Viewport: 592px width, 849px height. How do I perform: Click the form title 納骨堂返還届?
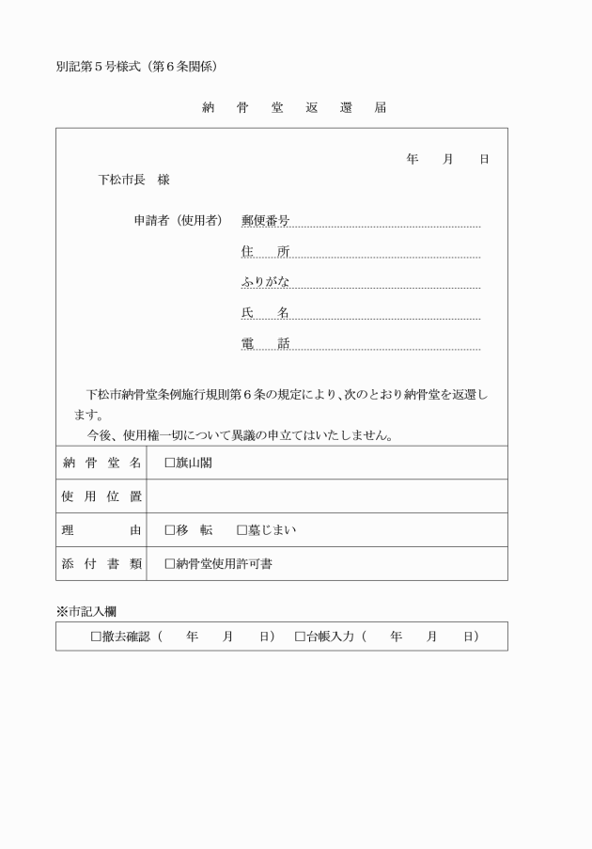294,107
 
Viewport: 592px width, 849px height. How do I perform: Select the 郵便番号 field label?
265,220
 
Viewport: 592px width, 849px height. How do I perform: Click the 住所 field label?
265,251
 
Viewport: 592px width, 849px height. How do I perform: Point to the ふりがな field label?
265,282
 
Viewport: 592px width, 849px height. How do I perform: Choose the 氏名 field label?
265,313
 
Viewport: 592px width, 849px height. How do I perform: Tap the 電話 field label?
265,344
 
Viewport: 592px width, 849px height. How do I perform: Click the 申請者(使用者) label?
179,220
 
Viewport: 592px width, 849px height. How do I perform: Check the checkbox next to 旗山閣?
170,463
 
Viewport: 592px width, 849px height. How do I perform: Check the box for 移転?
170,530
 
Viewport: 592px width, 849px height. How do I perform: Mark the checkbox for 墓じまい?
242,530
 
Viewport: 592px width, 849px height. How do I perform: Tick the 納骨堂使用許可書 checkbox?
170,564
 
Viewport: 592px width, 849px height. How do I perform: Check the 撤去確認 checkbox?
96,637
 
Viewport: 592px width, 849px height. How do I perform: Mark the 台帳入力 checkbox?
300,637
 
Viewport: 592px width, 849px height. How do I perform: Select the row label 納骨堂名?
101,463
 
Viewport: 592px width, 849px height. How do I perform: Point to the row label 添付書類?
101,564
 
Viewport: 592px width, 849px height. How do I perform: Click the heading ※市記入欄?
86,611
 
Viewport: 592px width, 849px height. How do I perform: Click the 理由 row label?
101,530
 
